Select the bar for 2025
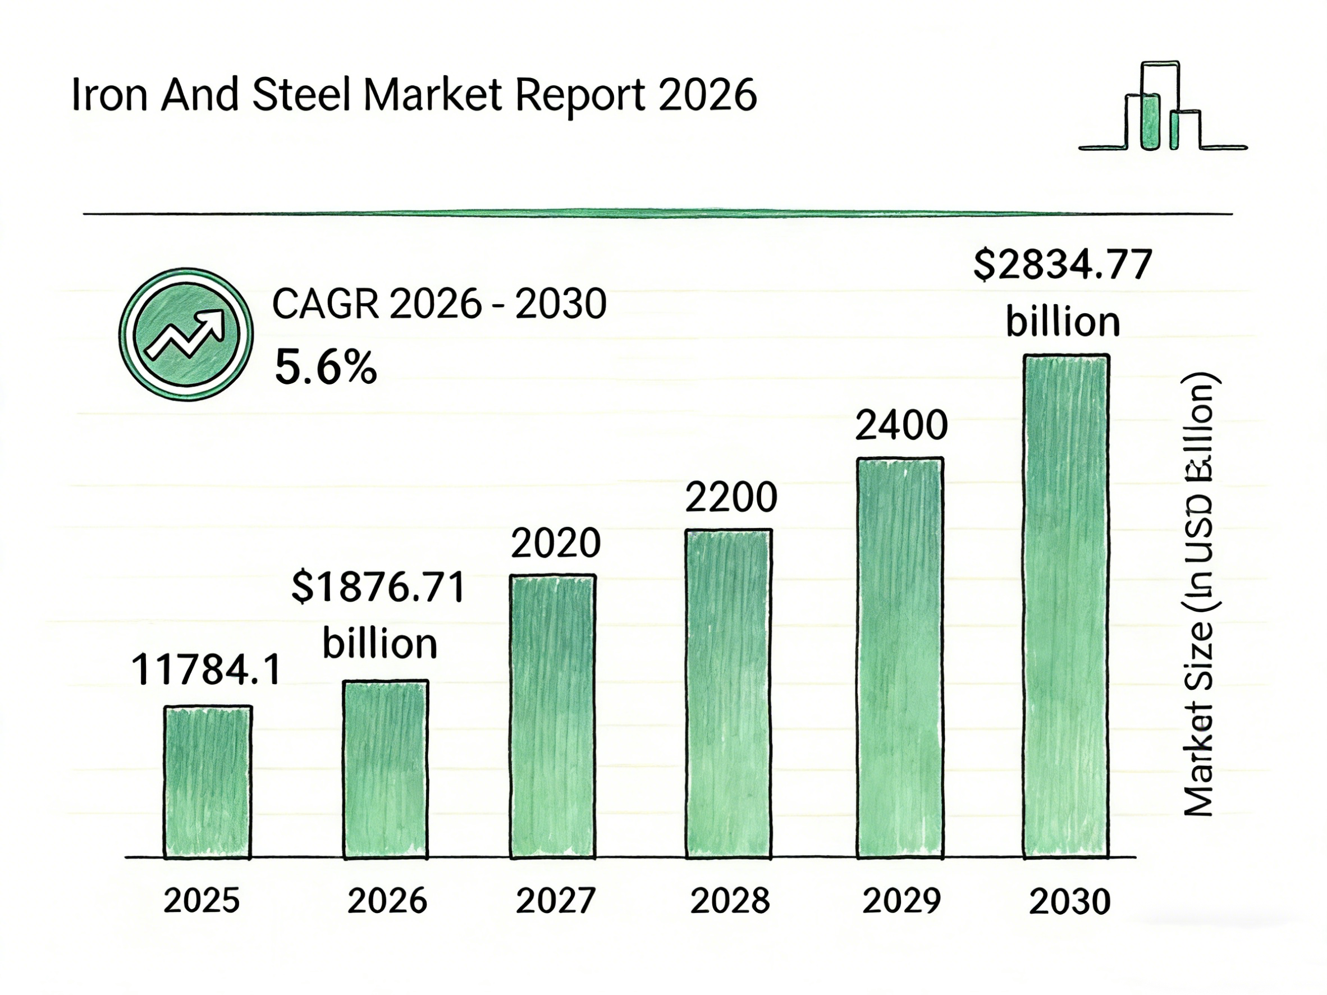click(x=208, y=782)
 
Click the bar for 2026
click(x=385, y=769)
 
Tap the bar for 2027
click(x=552, y=716)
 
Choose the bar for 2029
click(x=900, y=657)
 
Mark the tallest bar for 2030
click(x=1066, y=606)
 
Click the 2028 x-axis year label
click(x=730, y=901)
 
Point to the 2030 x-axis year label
click(x=1070, y=902)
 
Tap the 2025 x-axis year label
click(x=202, y=901)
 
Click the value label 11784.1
click(x=206, y=670)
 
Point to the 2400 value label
click(x=901, y=426)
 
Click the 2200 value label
click(x=731, y=498)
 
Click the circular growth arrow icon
click(x=186, y=334)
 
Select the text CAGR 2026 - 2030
click(x=439, y=304)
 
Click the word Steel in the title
click(x=301, y=96)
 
